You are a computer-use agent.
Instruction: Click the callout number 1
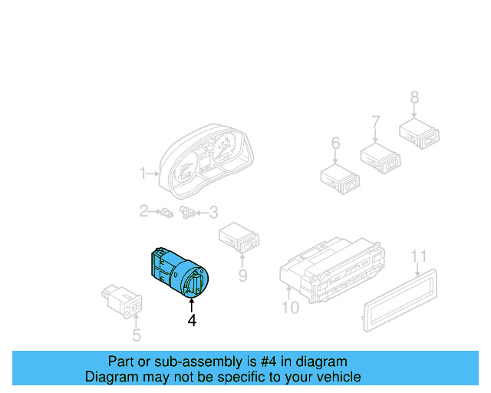click(143, 174)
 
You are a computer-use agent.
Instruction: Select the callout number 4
click(192, 321)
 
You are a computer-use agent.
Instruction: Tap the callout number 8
click(414, 97)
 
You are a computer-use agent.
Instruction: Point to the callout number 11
click(418, 256)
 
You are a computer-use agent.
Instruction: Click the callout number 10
click(290, 308)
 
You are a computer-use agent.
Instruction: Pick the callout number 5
click(136, 335)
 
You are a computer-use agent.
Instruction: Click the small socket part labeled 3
click(187, 211)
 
